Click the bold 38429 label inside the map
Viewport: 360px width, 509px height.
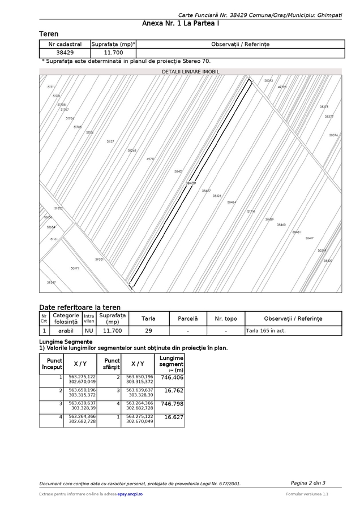(x=190, y=183)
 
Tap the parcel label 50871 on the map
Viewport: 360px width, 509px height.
(x=75, y=268)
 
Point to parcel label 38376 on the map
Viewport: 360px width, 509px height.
(x=333, y=135)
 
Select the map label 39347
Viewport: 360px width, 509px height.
(x=52, y=282)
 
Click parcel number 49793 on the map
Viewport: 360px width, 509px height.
(x=282, y=87)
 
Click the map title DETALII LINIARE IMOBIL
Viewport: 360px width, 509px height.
(x=190, y=72)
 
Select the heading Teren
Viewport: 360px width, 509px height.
(x=49, y=34)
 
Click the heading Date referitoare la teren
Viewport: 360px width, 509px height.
(x=80, y=307)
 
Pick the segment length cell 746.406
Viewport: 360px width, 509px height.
(x=172, y=377)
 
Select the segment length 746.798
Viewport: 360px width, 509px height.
(x=172, y=404)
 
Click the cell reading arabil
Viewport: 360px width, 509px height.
(x=66, y=330)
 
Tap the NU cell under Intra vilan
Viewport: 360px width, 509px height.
(x=89, y=330)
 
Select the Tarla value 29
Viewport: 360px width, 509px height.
(x=148, y=330)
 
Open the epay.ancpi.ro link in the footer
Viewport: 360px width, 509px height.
(x=130, y=494)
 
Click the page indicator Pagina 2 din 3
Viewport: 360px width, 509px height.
(x=308, y=482)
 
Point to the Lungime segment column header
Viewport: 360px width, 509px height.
(x=172, y=364)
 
